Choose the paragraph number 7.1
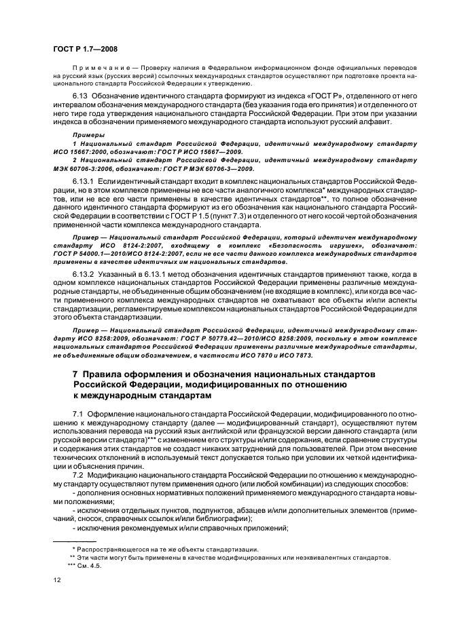pos(78,414)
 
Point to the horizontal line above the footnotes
pos(75,539)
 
